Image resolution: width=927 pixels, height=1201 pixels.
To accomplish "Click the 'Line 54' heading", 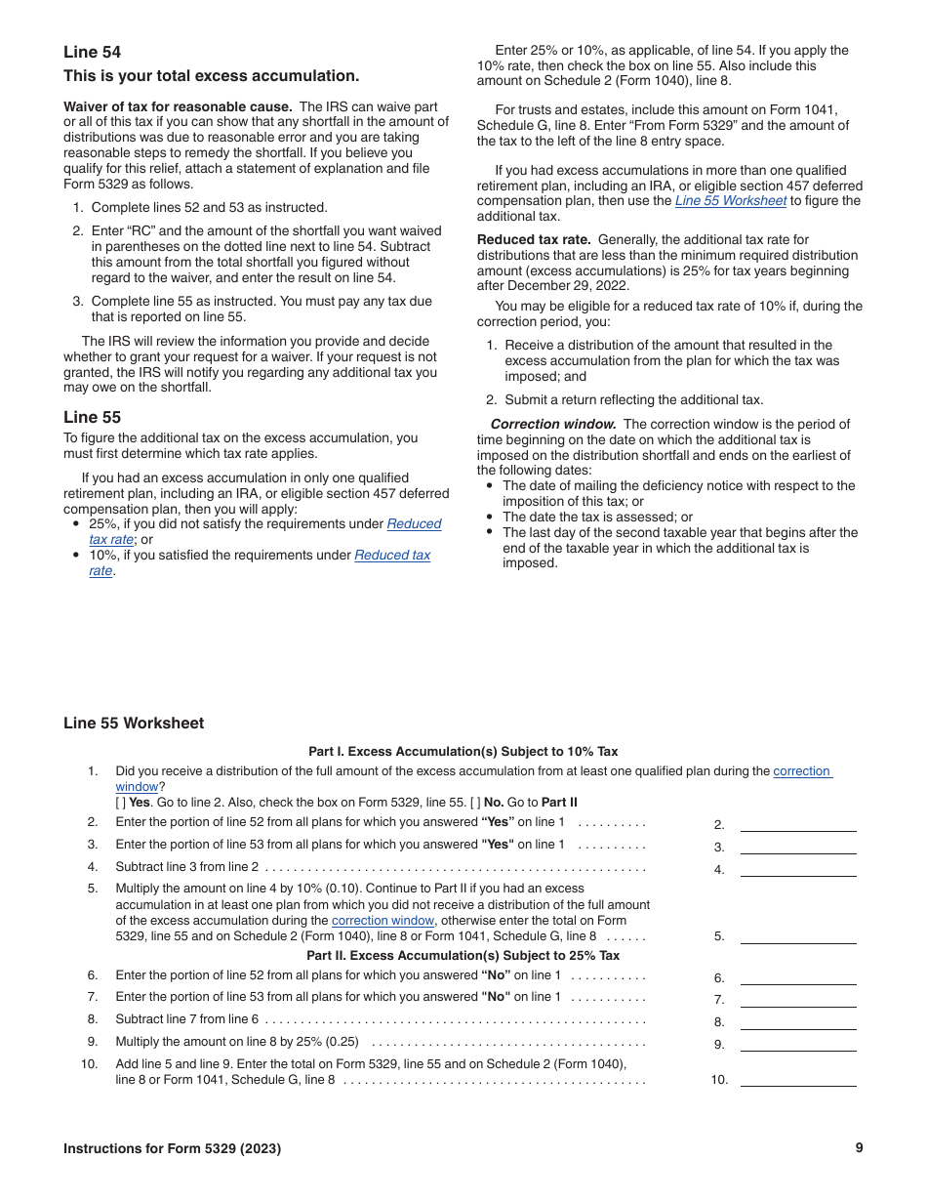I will (93, 52).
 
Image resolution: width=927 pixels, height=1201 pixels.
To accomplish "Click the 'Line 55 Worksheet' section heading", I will (134, 724).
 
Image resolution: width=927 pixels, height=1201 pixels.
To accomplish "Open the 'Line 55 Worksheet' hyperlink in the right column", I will (730, 201).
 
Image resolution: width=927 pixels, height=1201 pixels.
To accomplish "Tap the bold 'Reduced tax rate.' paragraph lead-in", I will (534, 239).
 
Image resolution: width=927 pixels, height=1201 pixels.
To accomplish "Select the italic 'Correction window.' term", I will (552, 424).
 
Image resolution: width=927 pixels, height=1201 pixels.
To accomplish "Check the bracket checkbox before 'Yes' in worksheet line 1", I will (121, 803).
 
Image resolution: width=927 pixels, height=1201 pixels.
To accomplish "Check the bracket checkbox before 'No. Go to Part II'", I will (476, 803).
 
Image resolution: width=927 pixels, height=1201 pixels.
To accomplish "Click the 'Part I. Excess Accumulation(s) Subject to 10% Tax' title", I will (463, 752).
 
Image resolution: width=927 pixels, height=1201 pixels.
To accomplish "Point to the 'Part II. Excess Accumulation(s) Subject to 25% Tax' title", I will (463, 956).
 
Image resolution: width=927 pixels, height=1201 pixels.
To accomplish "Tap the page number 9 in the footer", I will (859, 1148).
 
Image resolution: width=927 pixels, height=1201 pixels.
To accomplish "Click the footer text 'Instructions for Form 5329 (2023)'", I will (172, 1149).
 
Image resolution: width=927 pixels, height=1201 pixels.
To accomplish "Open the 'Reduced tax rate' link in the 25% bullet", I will (414, 524).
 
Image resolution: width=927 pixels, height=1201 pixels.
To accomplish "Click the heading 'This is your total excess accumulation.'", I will (211, 76).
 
